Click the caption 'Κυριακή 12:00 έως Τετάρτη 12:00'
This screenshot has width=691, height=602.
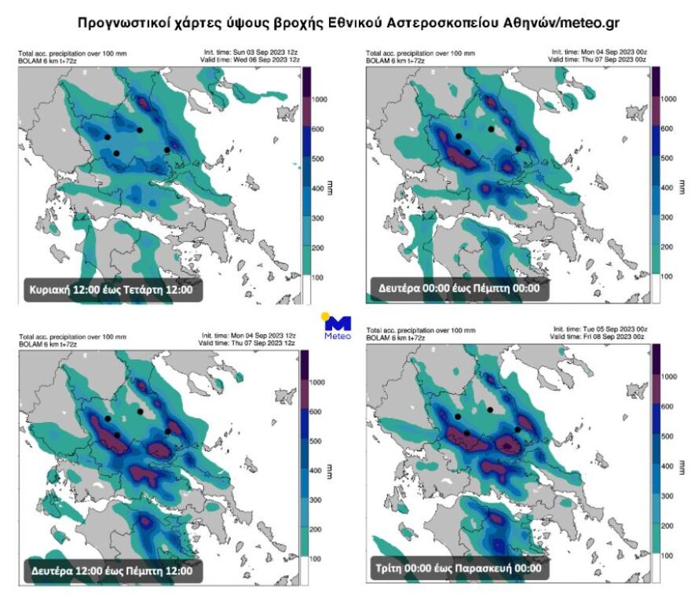[114, 289]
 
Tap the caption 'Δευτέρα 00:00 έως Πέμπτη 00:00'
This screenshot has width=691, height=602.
[458, 288]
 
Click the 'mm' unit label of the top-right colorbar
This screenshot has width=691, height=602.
[681, 188]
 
